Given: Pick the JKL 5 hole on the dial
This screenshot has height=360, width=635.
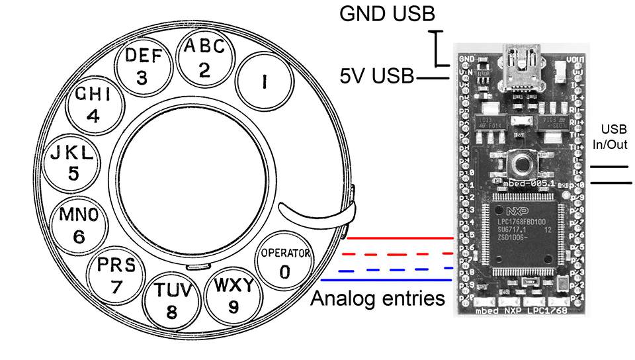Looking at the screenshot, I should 73,162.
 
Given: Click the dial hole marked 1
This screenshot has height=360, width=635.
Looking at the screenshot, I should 263,81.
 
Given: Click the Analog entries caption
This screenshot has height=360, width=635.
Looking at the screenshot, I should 378,298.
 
